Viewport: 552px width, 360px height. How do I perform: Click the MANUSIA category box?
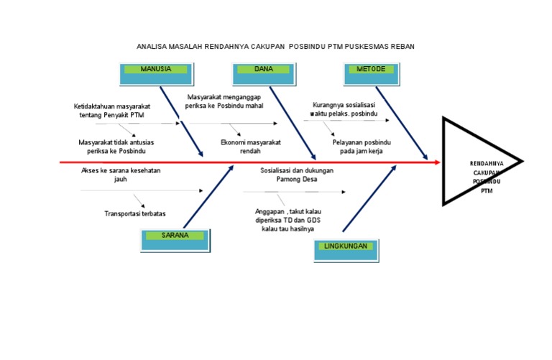(x=156, y=74)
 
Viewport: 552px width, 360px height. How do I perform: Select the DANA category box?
(x=264, y=74)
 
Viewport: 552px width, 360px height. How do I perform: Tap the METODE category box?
(x=372, y=74)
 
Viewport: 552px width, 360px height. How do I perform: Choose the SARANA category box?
(x=176, y=239)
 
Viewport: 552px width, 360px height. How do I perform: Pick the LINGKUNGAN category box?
(x=346, y=250)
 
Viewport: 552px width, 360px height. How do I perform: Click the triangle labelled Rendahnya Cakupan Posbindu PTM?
(x=478, y=162)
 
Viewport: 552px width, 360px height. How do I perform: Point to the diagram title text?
(x=276, y=46)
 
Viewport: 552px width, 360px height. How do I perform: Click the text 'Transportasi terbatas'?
(x=136, y=213)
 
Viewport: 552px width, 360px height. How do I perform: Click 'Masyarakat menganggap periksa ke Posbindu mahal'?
(x=224, y=101)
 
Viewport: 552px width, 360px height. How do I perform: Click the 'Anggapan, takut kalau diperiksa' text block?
(x=288, y=220)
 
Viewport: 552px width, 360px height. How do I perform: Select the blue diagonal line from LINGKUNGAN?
(x=369, y=199)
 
